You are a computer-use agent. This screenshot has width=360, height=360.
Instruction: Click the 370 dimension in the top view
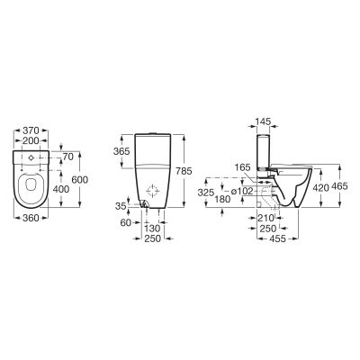(35, 130)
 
